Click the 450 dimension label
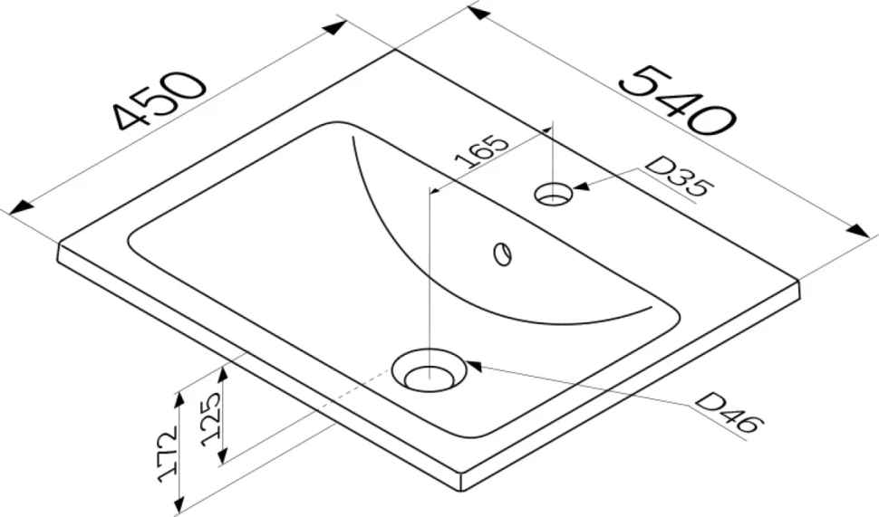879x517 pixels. pos(159,100)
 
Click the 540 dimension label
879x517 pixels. pos(679,101)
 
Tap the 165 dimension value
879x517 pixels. pos(481,152)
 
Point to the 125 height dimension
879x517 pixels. pos(210,419)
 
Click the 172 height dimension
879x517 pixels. pos(168,454)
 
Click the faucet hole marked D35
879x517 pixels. pos(554,194)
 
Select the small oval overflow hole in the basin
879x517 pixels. pos(503,254)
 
